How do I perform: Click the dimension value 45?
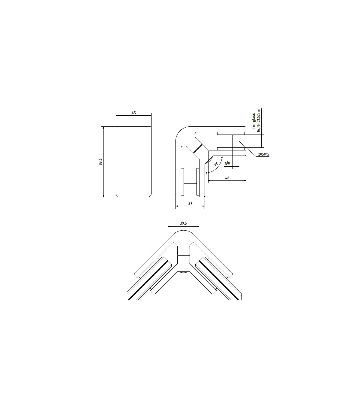pos(134,113)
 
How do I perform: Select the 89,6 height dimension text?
pos(100,162)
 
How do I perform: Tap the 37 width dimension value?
pos(190,203)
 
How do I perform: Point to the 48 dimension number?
pos(227,178)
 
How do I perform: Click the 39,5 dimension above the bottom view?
pos(183,223)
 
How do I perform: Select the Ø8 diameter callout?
pos(227,163)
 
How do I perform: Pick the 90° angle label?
pos(216,164)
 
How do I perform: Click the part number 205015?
pos(263,154)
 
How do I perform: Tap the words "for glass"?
pos(253,121)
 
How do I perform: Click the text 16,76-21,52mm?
pos(258,120)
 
